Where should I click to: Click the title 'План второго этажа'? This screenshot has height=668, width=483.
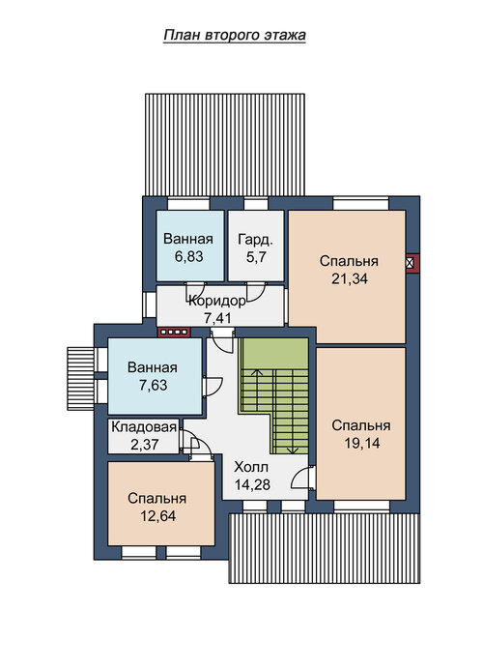pos(235,35)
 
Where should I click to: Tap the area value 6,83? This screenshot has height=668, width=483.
pos(189,256)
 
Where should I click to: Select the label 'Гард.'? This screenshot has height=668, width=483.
pos(255,240)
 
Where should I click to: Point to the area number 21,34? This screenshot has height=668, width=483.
pos(350,278)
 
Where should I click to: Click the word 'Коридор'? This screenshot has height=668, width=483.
pos(217,302)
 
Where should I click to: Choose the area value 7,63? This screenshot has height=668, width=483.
pos(154,385)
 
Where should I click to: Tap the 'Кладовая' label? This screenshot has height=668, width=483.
pos(144,427)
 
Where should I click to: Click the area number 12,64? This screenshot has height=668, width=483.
pos(157,516)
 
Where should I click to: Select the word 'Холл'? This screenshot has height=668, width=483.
pos(251,467)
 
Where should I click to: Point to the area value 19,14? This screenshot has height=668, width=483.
pos(361,443)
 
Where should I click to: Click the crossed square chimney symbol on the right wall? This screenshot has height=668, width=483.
pos(411,262)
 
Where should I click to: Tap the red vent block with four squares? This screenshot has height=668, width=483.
pos(174,333)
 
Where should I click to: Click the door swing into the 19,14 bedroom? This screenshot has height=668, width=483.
pos(303,478)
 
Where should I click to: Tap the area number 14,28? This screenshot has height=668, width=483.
pos(252,484)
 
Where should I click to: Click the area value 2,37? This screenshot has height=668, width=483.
pos(145,445)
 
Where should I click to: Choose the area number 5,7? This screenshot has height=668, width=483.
pos(256,257)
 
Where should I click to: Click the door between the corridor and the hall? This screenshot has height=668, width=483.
pos(222,339)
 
